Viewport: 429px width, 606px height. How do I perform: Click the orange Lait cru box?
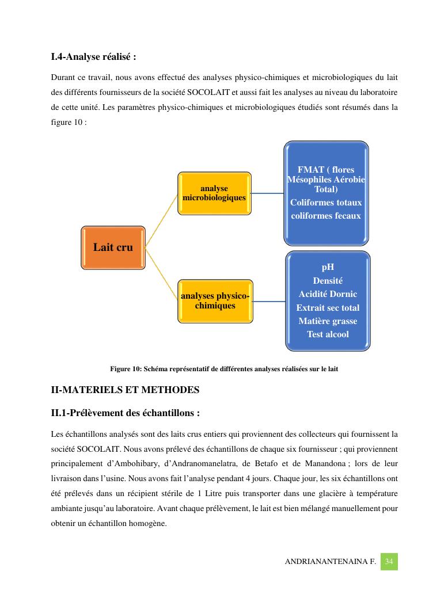pos(113,247)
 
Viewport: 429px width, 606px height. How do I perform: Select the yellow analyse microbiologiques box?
pos(214,193)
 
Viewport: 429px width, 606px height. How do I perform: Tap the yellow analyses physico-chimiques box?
pos(215,301)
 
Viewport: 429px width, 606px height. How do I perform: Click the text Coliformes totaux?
pos(326,203)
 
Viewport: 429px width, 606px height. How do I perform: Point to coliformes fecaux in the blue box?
pos(326,216)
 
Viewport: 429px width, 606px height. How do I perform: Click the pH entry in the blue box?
pos(328,268)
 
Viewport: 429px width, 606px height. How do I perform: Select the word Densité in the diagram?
pos(328,281)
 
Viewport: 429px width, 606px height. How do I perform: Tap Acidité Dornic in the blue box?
pos(328,294)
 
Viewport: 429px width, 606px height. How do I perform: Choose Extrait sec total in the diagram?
pos(328,308)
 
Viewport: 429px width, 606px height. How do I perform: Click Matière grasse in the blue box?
pos(328,321)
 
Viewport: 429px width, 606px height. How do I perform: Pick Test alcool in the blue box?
pos(328,334)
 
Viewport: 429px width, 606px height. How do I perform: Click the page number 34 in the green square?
pos(389,561)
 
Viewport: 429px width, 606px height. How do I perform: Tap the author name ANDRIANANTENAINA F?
pos(330,562)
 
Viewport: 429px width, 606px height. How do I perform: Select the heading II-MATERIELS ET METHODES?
pos(125,390)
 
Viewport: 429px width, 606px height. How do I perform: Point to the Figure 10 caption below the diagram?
pos(224,369)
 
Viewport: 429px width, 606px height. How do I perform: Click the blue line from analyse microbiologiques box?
pos(267,193)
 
